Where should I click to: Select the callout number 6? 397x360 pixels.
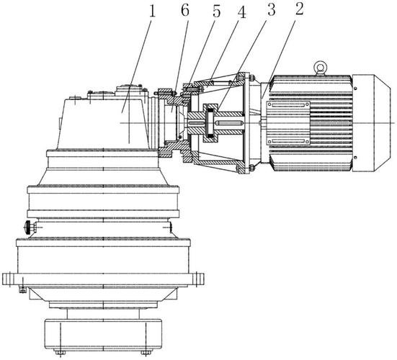point(185,10)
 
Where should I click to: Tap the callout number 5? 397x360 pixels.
point(216,11)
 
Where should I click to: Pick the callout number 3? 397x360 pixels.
point(271,10)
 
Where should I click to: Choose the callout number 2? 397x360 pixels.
point(299,9)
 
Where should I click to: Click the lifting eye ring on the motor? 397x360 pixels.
point(321,68)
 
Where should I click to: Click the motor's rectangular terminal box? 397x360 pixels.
point(288,123)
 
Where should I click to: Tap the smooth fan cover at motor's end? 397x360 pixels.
point(372,123)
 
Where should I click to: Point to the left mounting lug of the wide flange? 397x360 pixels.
point(9,279)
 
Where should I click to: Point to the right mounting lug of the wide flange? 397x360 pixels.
point(197,279)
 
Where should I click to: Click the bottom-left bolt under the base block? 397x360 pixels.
point(60,352)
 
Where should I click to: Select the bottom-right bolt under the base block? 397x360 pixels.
point(146,352)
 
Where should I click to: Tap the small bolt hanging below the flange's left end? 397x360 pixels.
point(22,289)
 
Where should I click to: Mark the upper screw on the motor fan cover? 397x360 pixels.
point(355,89)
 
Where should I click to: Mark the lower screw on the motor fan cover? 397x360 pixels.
point(355,158)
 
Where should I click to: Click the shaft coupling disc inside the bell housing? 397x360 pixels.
point(210,123)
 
